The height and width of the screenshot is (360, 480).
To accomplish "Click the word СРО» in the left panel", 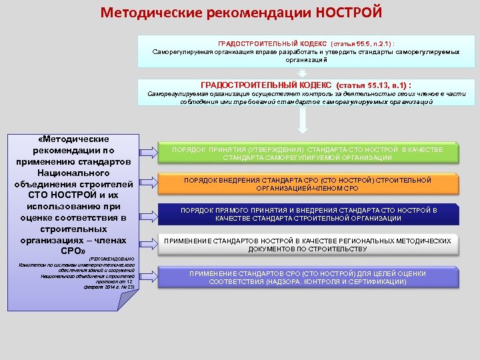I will (73, 251).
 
